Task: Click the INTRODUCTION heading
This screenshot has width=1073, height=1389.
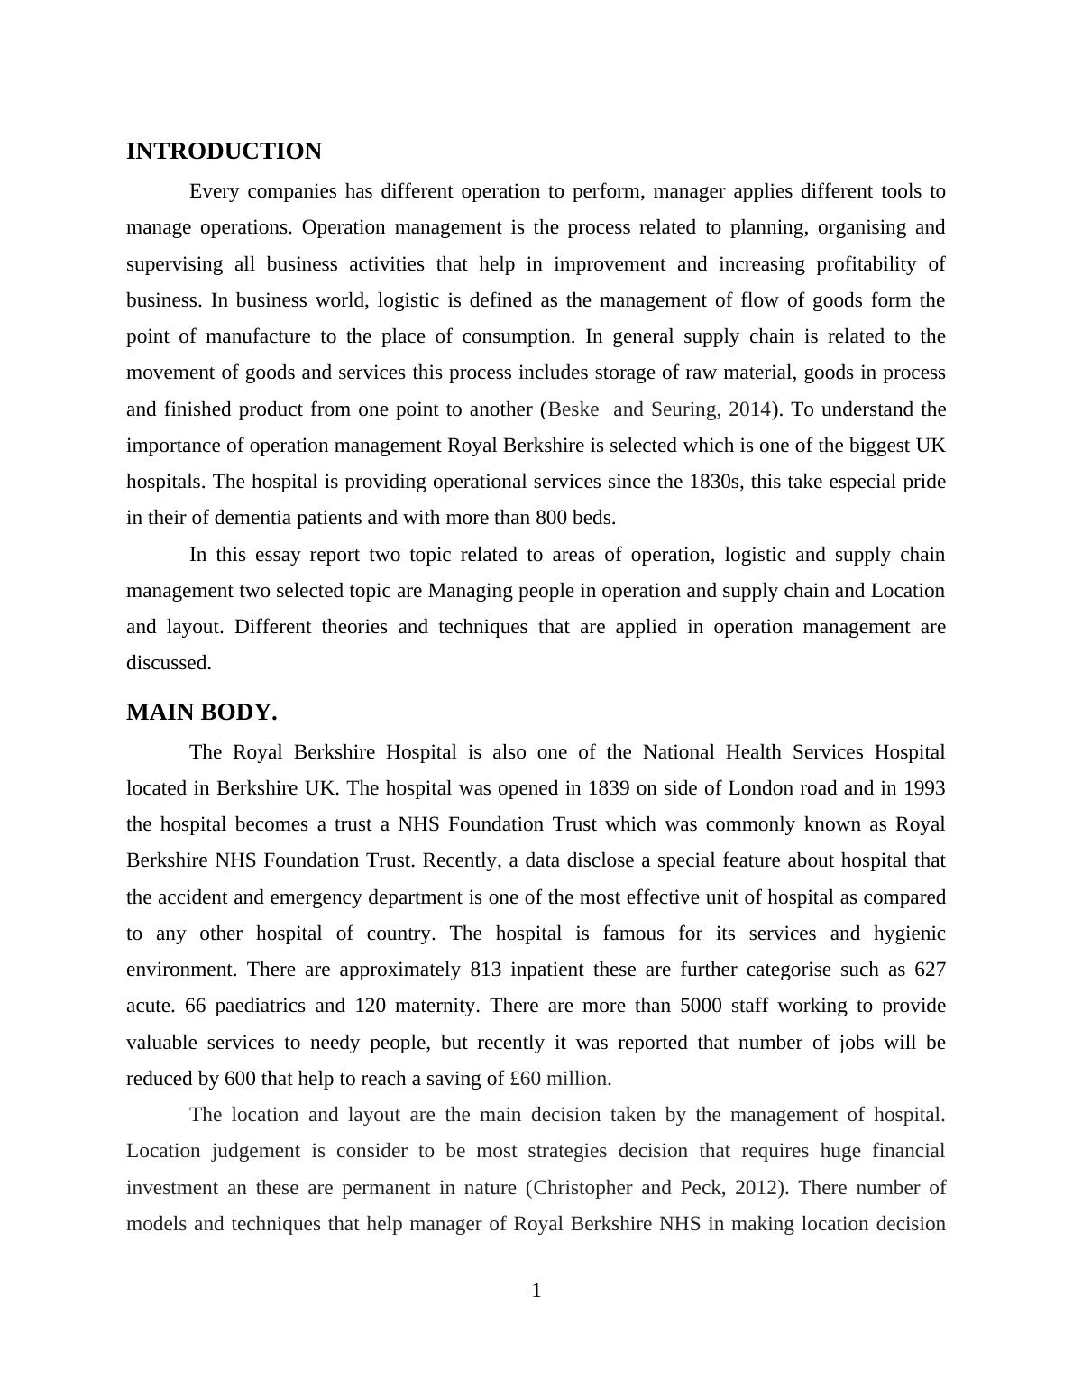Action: tap(224, 152)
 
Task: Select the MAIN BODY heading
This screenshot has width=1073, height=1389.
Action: tap(201, 713)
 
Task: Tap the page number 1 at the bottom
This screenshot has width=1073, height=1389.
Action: tap(536, 1291)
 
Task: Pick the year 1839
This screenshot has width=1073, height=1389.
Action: tap(609, 788)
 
